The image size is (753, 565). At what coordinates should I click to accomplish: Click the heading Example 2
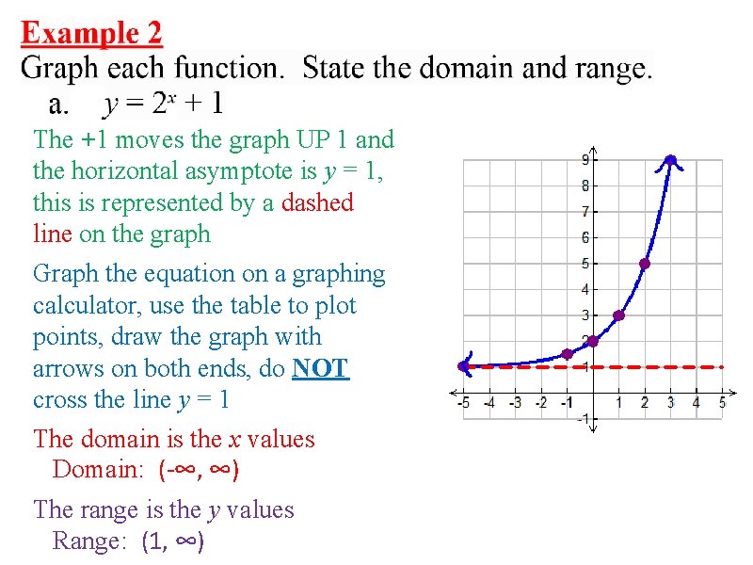tap(91, 34)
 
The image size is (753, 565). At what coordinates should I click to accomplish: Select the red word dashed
tap(318, 202)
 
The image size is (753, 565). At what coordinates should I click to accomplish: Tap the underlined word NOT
tap(321, 368)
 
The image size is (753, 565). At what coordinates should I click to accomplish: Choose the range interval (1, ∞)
tap(173, 541)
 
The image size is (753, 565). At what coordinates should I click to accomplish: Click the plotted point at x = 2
tap(645, 264)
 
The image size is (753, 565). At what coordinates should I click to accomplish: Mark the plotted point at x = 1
tap(618, 315)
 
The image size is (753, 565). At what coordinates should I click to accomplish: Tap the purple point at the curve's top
tap(670, 160)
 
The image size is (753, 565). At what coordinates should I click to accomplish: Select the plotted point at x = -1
tap(567, 354)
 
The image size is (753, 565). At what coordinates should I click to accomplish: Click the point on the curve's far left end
tap(463, 366)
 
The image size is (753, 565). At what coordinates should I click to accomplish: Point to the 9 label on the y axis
tap(585, 160)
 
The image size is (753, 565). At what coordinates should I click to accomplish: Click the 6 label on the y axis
tap(585, 237)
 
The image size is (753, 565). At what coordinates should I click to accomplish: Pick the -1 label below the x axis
tap(584, 418)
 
